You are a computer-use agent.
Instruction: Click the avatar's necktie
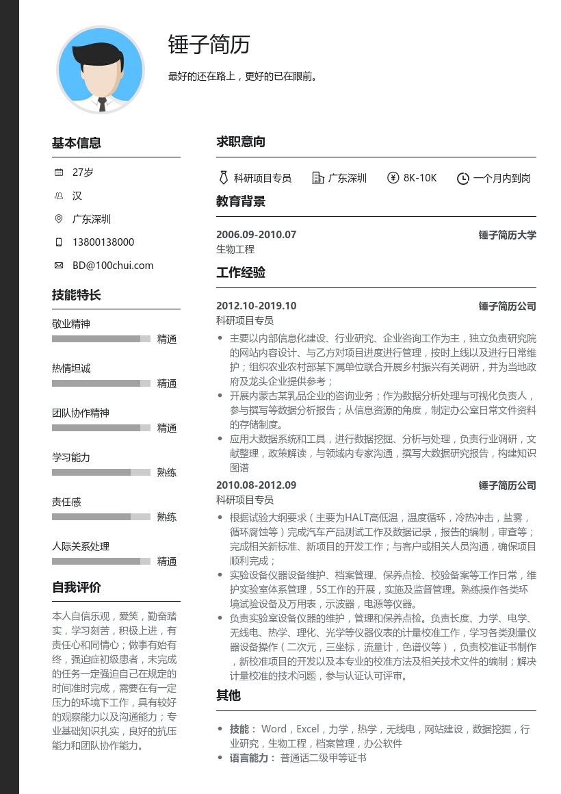point(102,104)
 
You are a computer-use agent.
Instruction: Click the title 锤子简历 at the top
point(209,44)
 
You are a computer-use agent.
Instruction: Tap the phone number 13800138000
point(103,242)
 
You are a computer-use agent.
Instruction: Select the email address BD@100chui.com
point(113,266)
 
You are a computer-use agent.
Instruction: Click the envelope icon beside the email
point(58,266)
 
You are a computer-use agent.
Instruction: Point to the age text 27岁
point(83,172)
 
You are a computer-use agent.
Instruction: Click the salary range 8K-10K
point(419,178)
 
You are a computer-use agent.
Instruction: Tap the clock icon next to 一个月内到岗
point(462,178)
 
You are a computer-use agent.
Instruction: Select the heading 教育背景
point(241,202)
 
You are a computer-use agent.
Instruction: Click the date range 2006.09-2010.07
point(256,235)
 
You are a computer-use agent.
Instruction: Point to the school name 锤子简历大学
point(507,235)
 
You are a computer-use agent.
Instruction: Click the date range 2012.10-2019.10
point(256,306)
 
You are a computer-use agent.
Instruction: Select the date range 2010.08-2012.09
point(256,485)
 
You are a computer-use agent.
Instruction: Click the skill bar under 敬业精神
point(101,339)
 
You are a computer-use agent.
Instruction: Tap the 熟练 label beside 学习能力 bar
point(167,472)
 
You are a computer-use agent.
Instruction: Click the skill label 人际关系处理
point(81,546)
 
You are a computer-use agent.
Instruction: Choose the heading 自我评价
point(77,587)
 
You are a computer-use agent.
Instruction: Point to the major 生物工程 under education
point(235,249)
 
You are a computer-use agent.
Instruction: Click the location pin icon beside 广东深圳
point(58,219)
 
